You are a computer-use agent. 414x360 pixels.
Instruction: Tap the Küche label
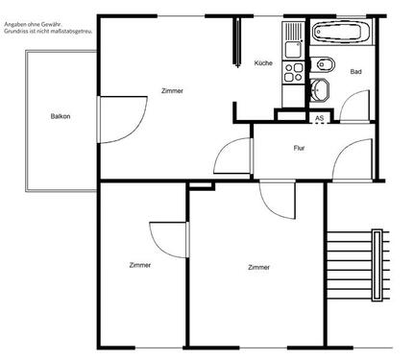tap(263, 63)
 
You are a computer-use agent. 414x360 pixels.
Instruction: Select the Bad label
tap(355, 72)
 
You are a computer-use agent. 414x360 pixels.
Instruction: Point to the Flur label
tap(300, 148)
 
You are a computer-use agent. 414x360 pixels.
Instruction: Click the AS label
tap(320, 117)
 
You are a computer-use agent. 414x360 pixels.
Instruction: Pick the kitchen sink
tap(292, 38)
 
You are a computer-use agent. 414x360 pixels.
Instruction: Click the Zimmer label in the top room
tap(173, 90)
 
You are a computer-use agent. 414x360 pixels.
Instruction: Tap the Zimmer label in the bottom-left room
tap(140, 265)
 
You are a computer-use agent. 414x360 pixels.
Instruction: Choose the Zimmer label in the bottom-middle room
tap(257, 267)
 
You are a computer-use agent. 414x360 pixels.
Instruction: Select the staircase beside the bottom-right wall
tap(360, 265)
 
